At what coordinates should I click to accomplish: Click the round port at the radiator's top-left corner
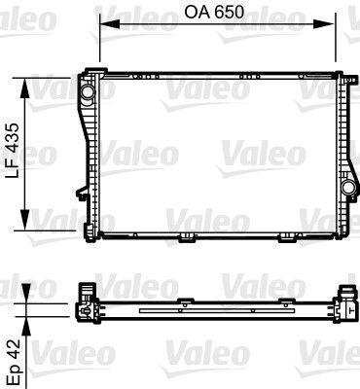[89, 93]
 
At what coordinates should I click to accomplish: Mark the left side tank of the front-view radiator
[90, 156]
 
